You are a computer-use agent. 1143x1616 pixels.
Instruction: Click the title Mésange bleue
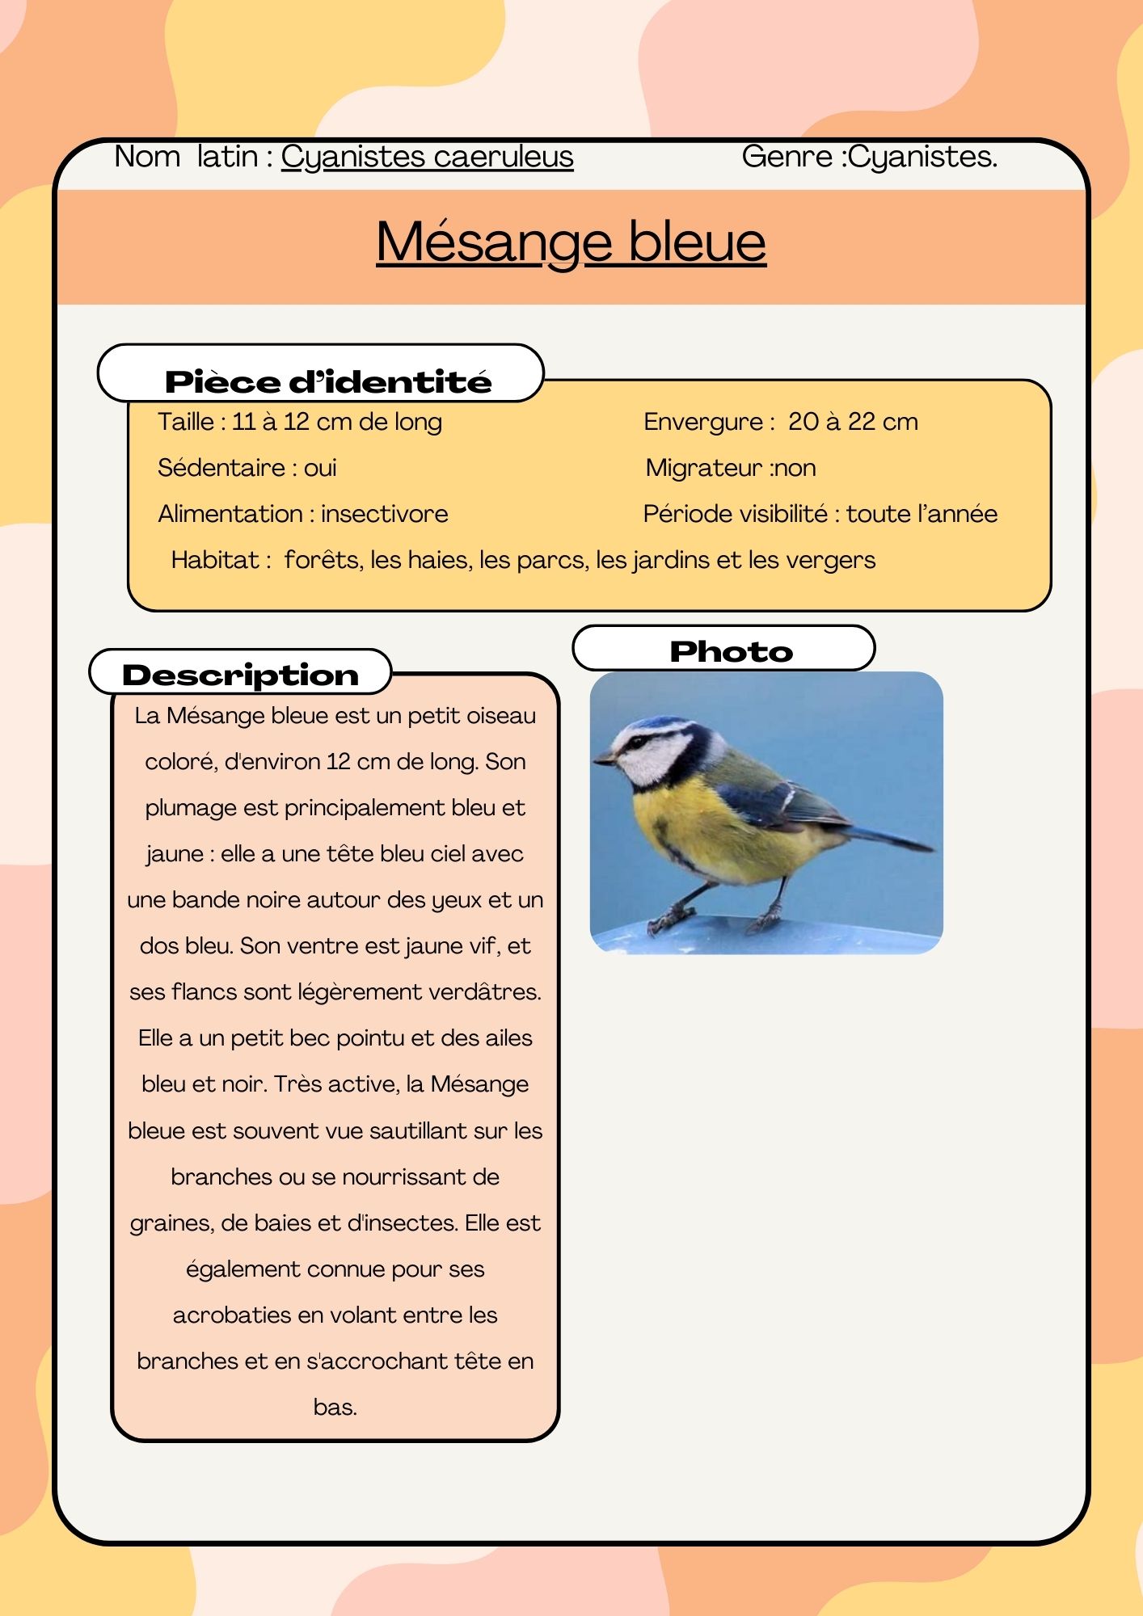[x=571, y=242]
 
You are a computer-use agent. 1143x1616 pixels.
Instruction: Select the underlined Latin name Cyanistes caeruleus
[x=427, y=157]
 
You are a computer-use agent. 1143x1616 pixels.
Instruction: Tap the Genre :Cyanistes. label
[x=869, y=157]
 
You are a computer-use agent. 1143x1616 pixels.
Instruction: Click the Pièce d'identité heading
[x=327, y=381]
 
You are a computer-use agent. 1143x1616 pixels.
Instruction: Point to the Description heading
[x=240, y=675]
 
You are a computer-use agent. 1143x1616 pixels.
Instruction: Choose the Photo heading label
[x=731, y=651]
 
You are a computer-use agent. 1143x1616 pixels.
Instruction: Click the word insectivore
[x=384, y=514]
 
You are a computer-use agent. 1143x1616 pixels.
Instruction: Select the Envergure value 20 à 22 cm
[x=853, y=422]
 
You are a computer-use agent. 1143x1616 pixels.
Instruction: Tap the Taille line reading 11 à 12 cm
[x=299, y=422]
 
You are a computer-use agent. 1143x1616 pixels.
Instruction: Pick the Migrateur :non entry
[x=730, y=468]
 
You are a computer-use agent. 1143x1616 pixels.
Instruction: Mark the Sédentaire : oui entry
[x=247, y=468]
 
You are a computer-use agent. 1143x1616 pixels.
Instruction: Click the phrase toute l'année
[x=922, y=514]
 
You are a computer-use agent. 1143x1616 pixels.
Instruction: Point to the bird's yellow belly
[x=695, y=832]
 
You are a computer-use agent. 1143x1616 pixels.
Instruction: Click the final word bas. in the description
[x=335, y=1408]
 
